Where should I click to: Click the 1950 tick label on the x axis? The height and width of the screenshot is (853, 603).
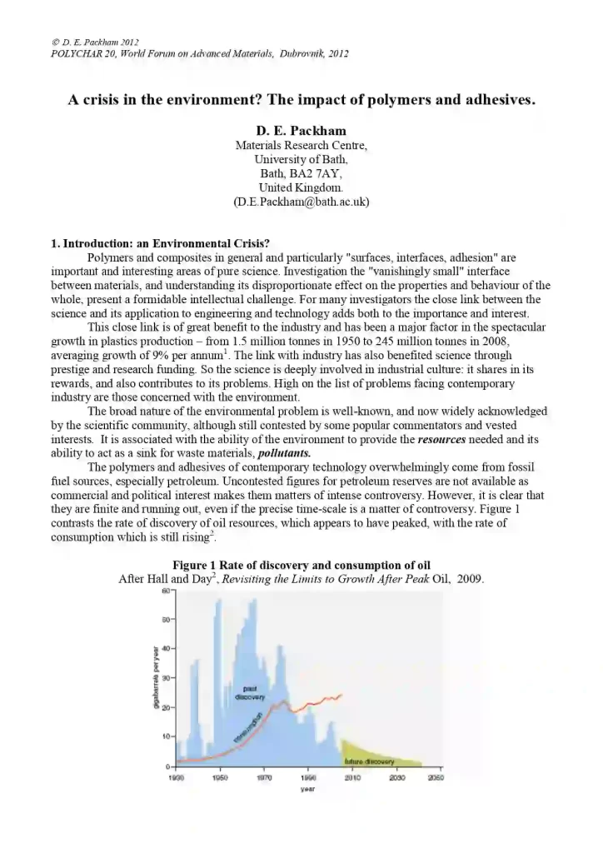coord(220,777)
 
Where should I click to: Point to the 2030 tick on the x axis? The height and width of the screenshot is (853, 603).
coord(397,777)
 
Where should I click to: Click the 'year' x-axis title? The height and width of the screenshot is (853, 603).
coord(306,788)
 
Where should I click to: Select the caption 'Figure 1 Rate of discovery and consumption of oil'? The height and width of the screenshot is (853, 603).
coord(301,566)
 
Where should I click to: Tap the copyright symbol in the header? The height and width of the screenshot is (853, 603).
coord(55,42)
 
